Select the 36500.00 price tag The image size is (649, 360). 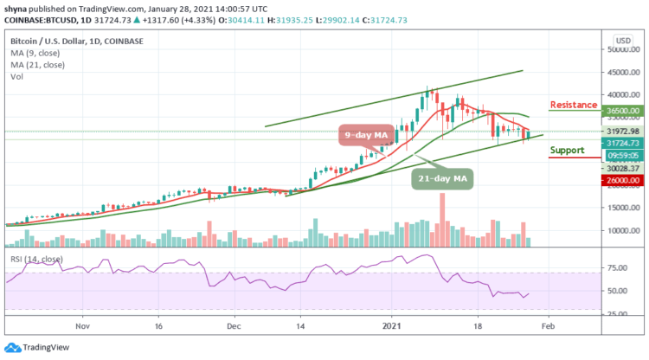pos(621,111)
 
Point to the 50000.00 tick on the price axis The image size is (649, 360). pos(621,49)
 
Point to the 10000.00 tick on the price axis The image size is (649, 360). pos(621,230)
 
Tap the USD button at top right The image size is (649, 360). pos(621,41)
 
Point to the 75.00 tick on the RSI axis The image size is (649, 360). pos(621,268)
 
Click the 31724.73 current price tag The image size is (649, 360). pos(621,143)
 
